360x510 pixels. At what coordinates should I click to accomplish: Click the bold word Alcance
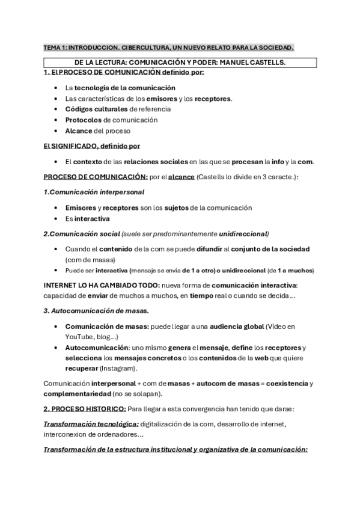point(79,131)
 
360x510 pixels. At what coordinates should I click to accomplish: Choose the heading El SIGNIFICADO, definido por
point(92,146)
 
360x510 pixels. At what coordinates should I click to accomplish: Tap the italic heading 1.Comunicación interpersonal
point(94,192)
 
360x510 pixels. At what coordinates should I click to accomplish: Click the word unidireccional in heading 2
point(243,233)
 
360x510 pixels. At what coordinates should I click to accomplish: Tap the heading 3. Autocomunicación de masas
point(96,310)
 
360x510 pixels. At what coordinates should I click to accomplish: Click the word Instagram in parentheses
point(118,368)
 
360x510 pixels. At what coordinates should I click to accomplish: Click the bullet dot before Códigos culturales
point(55,109)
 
